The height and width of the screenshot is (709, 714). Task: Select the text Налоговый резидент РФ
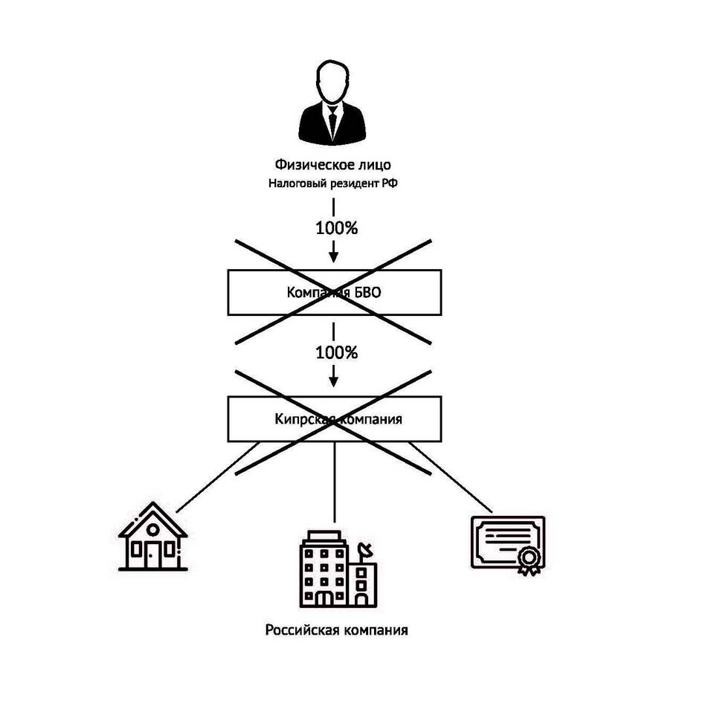point(332,184)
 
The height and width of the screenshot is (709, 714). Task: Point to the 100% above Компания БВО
point(337,228)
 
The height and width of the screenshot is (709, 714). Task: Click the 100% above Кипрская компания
point(337,352)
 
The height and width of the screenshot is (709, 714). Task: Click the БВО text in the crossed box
point(367,293)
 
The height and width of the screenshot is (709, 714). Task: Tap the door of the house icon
point(152,554)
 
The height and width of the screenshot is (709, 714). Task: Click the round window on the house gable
point(152,528)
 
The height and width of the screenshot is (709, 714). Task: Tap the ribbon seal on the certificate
point(529,559)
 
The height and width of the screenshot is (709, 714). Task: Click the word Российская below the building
point(301,631)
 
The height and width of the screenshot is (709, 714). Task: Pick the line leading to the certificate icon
point(450,479)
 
